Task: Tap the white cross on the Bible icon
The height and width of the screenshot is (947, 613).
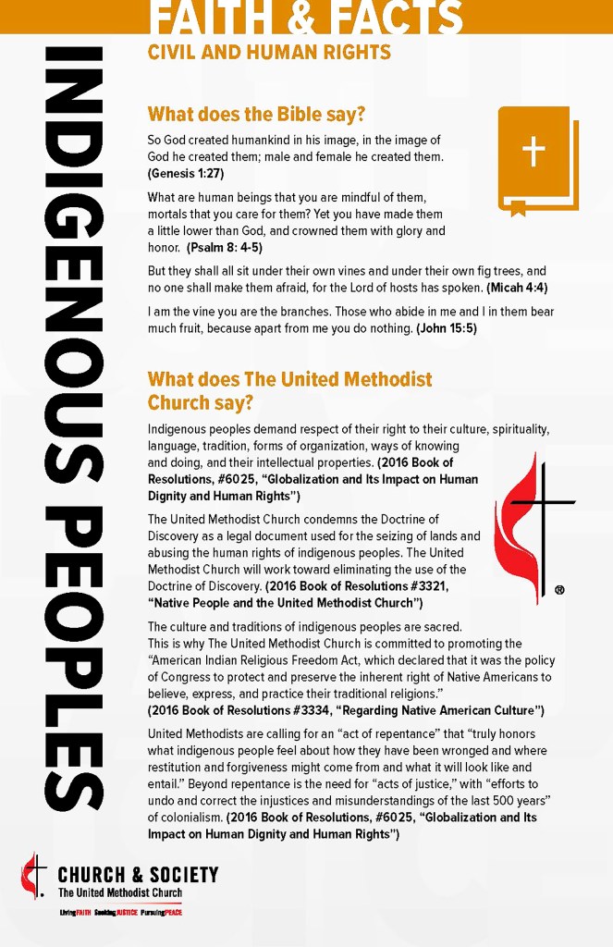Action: [533, 151]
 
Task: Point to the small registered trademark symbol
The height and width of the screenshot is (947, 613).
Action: [559, 589]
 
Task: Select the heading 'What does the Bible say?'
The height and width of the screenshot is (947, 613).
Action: [256, 115]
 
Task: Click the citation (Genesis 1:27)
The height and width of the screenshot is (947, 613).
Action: [186, 173]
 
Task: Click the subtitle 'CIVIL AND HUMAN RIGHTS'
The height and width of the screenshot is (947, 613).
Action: [269, 53]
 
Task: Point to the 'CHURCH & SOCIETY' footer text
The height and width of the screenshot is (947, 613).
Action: [138, 875]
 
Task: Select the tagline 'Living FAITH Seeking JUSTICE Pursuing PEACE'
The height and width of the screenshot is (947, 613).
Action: [120, 913]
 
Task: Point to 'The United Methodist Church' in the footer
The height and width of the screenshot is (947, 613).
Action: [119, 892]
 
